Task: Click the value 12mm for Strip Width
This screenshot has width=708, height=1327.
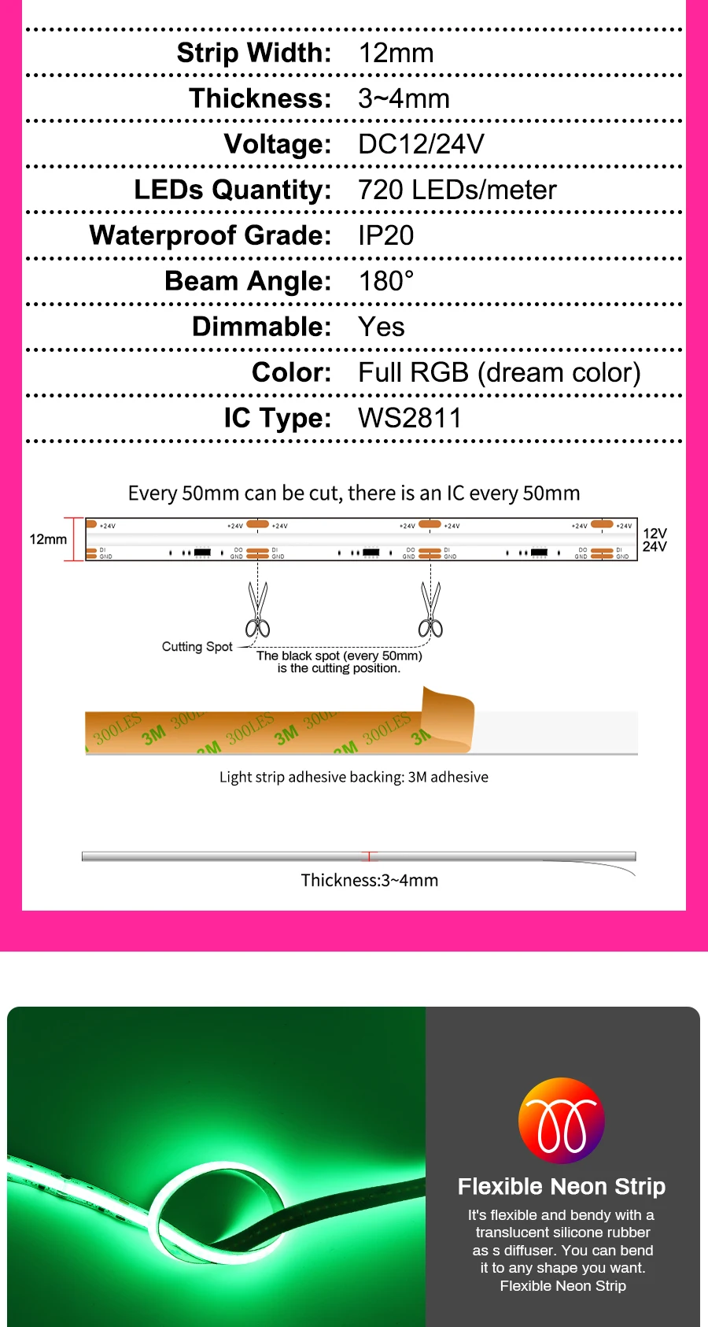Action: click(x=396, y=54)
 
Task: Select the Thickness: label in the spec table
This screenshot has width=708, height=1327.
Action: click(x=260, y=98)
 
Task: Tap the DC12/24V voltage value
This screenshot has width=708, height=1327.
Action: click(x=421, y=144)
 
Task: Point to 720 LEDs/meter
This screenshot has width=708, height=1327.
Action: click(x=457, y=190)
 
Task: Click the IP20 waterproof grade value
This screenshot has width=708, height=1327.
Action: click(x=385, y=235)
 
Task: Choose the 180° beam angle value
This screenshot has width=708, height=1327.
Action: click(x=385, y=281)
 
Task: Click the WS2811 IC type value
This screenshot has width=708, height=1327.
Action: click(x=410, y=418)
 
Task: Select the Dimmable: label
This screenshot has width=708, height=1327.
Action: click(x=262, y=327)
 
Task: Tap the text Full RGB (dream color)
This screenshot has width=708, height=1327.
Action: click(x=500, y=372)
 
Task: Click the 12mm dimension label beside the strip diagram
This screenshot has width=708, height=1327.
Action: click(x=48, y=539)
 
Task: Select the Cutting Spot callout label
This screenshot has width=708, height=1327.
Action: click(x=197, y=646)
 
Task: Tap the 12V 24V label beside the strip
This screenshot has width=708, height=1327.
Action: click(x=655, y=540)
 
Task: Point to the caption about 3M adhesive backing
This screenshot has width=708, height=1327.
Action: click(x=354, y=777)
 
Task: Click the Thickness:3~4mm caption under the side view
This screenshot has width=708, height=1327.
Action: click(x=370, y=880)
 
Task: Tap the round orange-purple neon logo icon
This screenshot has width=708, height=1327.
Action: click(x=562, y=1121)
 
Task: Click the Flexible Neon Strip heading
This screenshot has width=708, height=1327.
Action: click(x=562, y=1186)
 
